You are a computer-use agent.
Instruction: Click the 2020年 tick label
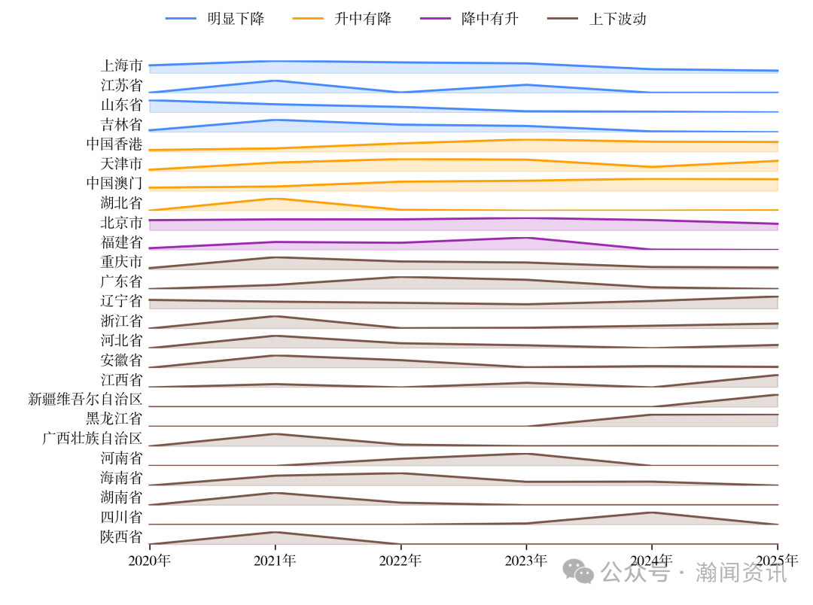(x=150, y=561)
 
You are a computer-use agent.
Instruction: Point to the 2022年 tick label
(x=400, y=561)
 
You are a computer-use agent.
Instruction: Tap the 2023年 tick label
(x=526, y=561)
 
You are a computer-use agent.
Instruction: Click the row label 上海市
(x=121, y=66)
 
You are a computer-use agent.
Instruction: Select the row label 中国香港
(x=114, y=144)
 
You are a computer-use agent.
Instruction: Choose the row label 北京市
(x=121, y=223)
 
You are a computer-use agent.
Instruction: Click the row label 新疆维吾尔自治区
(x=85, y=400)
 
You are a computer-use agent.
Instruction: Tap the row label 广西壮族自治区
(x=92, y=439)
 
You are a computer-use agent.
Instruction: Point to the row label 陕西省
(x=121, y=537)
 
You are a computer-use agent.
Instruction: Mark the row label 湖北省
(x=121, y=203)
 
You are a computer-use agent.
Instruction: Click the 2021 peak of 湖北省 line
(x=275, y=199)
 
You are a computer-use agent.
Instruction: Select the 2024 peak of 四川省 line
(x=651, y=512)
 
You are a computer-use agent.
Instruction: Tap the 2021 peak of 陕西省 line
(x=275, y=532)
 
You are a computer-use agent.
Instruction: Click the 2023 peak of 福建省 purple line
(x=526, y=238)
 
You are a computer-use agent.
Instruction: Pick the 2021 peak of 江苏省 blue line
(x=275, y=81)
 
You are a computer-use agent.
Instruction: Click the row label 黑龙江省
(x=114, y=419)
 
